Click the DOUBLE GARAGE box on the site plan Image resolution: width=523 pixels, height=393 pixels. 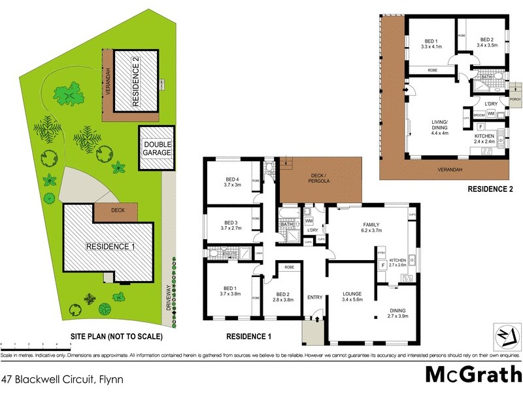[158, 147]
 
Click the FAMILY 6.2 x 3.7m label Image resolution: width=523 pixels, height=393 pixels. [371, 228]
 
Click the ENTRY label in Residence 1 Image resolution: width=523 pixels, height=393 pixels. [314, 297]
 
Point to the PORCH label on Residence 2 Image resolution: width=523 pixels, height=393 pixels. [515, 100]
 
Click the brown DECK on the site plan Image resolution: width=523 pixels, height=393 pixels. [117, 212]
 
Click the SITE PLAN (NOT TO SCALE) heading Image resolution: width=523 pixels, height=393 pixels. [116, 337]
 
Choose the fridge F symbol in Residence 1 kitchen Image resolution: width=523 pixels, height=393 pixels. [382, 266]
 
